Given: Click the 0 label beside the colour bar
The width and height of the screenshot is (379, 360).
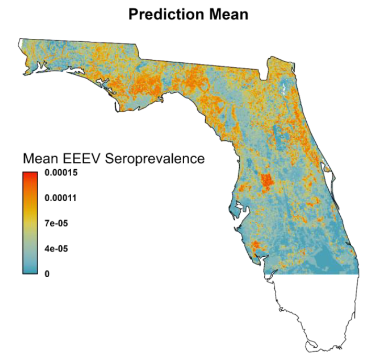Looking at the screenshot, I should (x=47, y=273).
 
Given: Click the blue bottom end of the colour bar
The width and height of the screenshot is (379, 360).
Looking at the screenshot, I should (x=30, y=270).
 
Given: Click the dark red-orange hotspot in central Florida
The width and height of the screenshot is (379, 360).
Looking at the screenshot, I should (x=267, y=181).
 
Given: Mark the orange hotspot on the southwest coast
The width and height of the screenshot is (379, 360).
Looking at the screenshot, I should (x=256, y=245).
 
